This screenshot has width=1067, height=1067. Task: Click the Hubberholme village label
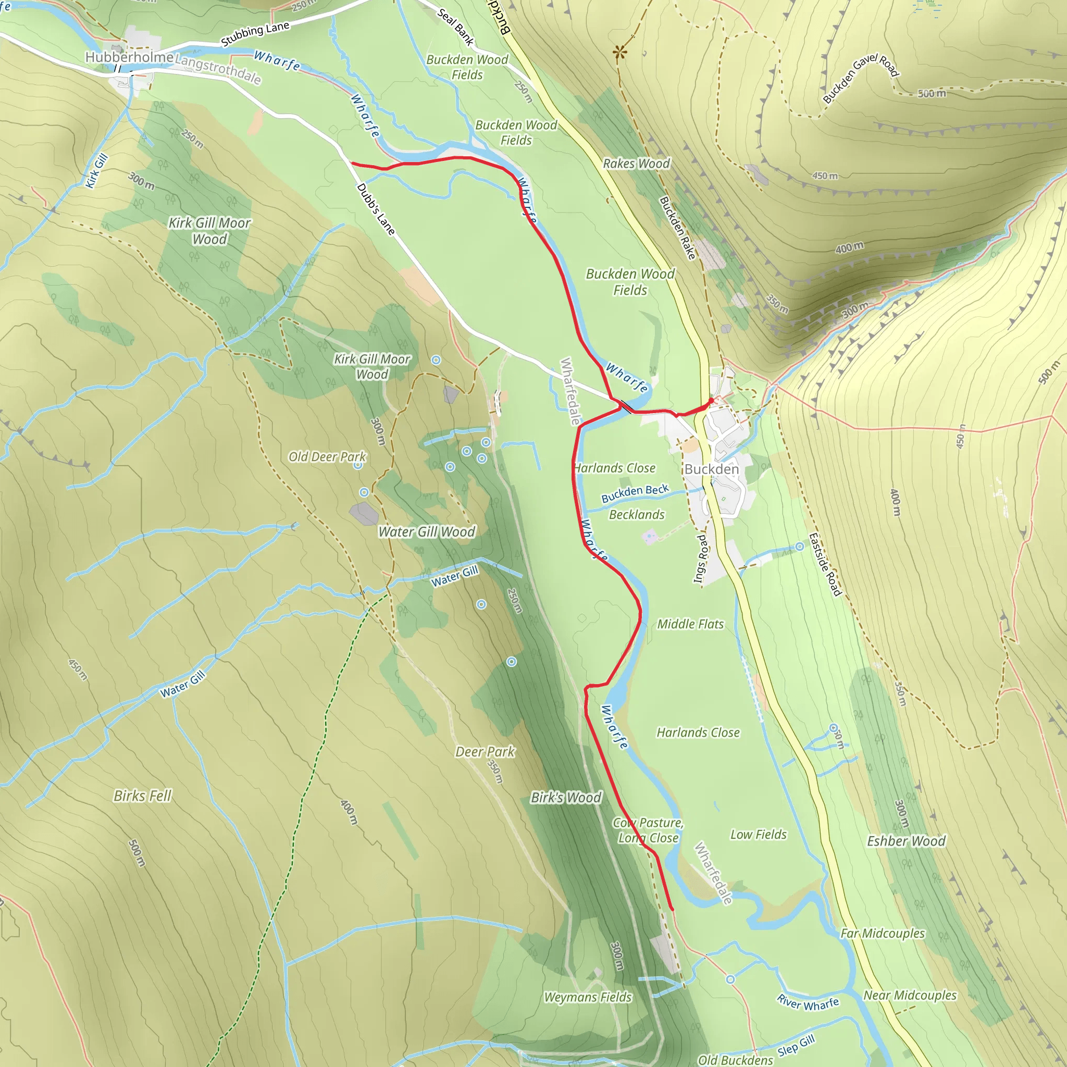coord(129,57)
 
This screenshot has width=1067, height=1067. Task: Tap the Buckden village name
coord(711,469)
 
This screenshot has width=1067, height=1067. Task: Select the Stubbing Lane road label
coord(255,34)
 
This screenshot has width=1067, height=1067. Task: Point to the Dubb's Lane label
coord(376,209)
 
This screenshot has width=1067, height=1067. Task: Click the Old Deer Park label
coord(327,457)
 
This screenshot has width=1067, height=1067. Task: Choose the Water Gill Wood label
coord(426,532)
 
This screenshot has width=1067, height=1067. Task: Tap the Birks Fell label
coord(142,796)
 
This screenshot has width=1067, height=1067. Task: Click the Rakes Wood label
coord(636,164)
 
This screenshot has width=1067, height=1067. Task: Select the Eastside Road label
coord(825,564)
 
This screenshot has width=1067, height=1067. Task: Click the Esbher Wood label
coord(907,841)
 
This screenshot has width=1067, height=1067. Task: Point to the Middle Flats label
coord(690,624)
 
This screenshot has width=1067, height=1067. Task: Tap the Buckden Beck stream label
coord(635,493)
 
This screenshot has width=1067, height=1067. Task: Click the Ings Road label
coord(700,559)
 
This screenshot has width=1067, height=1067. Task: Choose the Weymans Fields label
coord(588,997)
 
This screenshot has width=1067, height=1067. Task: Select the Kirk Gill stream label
coord(97,171)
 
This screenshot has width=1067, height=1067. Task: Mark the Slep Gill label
coord(796,1046)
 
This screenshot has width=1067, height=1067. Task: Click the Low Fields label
coord(758,835)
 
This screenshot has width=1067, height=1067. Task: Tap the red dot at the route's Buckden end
coord(711,401)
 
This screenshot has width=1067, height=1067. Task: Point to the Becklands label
coord(637,515)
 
